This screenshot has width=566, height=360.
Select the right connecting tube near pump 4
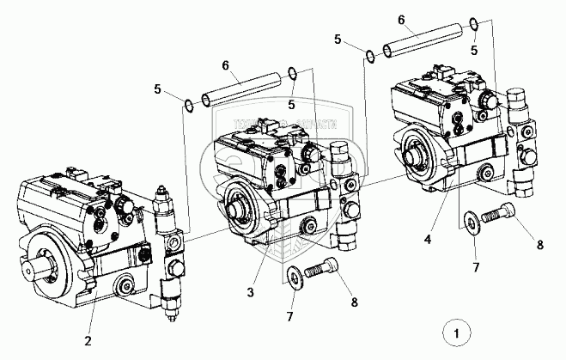(x=423, y=40)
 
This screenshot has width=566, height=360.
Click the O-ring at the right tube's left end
(x=369, y=57)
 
